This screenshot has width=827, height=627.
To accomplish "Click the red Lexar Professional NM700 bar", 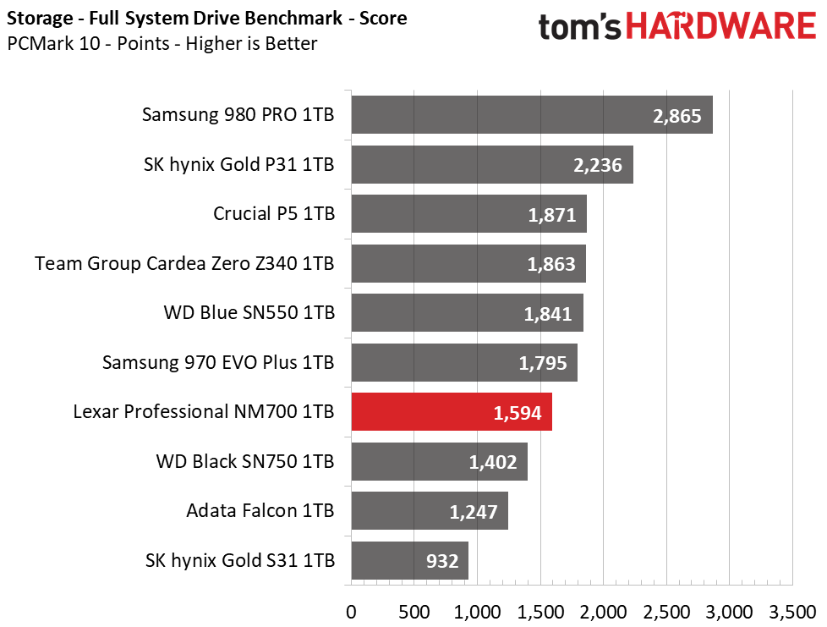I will [x=451, y=412].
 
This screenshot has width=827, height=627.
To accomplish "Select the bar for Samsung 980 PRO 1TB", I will [x=531, y=115].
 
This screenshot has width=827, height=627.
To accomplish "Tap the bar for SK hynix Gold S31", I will [x=409, y=560].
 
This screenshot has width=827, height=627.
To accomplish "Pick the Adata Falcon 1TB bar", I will [x=429, y=511].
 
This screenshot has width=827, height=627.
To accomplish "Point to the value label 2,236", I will [x=597, y=165].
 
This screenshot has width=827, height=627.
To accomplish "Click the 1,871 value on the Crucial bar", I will [x=551, y=215].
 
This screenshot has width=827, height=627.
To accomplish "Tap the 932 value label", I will [x=441, y=561].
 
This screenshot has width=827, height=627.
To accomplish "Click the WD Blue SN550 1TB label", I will [x=249, y=313].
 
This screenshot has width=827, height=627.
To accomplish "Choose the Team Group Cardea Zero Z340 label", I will [x=184, y=264].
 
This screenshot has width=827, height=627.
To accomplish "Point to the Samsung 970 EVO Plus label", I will [x=218, y=363].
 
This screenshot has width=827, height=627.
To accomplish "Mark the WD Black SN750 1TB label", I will [x=245, y=462].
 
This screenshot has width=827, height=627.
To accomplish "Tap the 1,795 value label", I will [x=542, y=363].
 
